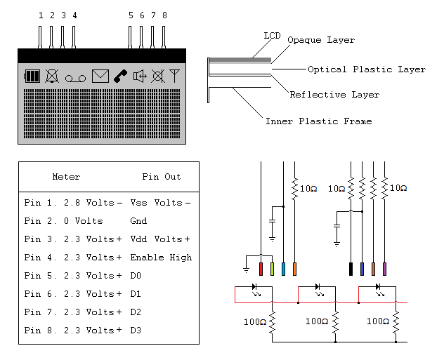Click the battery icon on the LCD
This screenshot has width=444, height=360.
coord(32,76)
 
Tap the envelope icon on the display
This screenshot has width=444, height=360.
coord(100,76)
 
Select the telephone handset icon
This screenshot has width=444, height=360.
coord(121,76)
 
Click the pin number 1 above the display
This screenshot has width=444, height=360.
coord(41,15)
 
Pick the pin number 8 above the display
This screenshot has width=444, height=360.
coord(164,15)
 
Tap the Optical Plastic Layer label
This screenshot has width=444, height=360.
coord(366,69)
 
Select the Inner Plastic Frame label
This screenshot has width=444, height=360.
coord(318,121)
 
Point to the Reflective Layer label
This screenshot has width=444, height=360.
coord(334,95)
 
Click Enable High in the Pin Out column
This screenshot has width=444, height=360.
coord(161,258)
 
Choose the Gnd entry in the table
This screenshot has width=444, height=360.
coord(138,221)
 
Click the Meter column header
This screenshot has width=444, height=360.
coord(67,177)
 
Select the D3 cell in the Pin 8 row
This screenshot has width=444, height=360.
coord(136,330)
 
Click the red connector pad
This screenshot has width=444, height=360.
coord(261,268)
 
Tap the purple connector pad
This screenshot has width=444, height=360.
coord(384,268)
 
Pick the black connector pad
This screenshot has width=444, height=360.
coord(351,268)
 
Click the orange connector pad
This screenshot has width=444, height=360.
coord(294,268)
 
